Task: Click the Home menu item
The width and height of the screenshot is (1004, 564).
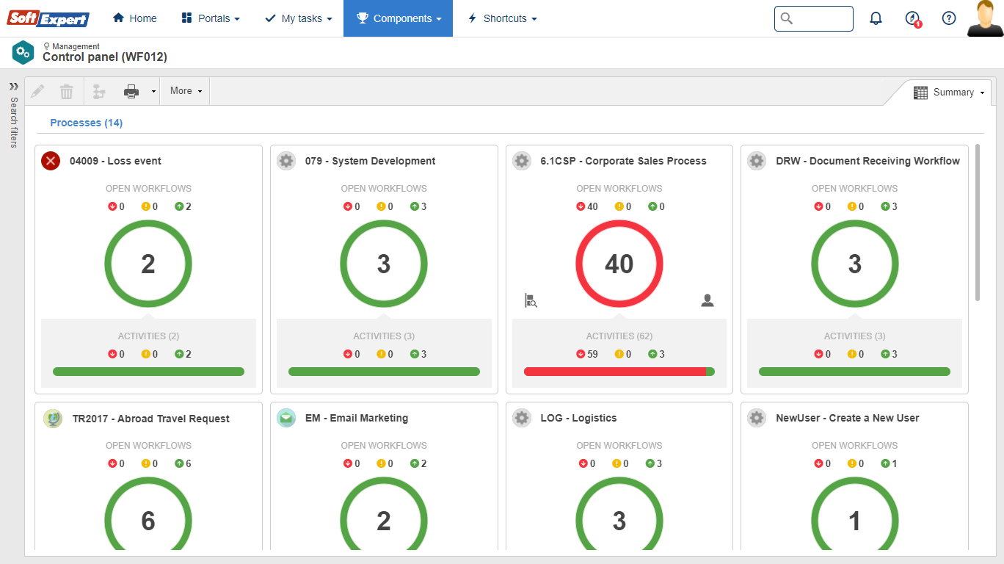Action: [x=134, y=18]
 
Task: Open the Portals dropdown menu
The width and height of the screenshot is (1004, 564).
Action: [x=211, y=18]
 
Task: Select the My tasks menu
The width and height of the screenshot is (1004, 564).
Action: [x=299, y=18]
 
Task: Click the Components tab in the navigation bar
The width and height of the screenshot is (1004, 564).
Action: [x=399, y=18]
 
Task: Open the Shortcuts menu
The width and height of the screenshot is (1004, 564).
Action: [x=503, y=18]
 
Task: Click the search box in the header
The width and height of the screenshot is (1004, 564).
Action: [x=814, y=18]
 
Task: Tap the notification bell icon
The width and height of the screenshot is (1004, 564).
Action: [x=876, y=18]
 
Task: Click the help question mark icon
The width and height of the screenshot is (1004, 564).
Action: [x=949, y=18]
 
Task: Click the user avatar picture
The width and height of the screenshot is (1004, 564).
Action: [x=984, y=18]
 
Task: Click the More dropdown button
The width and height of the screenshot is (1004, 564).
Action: [x=185, y=91]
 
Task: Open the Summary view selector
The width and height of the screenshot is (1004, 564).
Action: [x=948, y=93]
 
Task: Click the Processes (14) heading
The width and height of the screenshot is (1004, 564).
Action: [x=86, y=123]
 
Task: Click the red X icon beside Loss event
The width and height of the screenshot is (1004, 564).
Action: [x=51, y=161]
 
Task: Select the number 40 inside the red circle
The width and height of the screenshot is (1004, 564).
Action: [x=619, y=264]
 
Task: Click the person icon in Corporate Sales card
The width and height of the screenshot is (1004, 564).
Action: [x=707, y=300]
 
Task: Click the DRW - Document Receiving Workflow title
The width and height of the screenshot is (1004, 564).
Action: [x=867, y=161]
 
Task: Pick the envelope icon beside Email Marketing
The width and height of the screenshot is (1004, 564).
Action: [x=286, y=418]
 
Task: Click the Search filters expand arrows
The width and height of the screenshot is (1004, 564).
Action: [x=13, y=86]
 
